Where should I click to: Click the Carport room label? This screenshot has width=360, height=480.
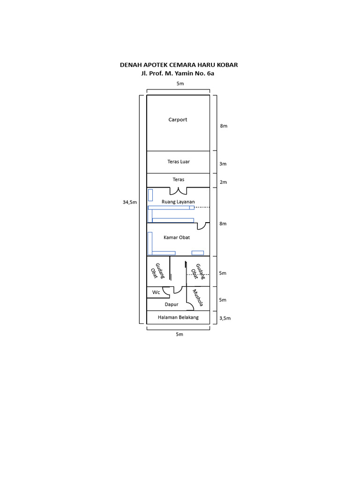coord(178,120)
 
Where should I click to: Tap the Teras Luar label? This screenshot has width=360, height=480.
coord(179,162)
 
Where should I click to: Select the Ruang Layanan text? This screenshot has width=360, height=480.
coord(178,202)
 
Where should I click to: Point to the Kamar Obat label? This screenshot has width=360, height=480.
coord(177,238)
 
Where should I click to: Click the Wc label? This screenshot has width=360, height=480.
coord(156,292)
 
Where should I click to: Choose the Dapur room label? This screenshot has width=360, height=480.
coord(172,305)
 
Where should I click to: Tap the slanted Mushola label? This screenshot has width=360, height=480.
coord(198,298)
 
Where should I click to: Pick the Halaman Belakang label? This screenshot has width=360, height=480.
coord(178,317)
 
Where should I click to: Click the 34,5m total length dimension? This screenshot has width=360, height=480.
coord(130,202)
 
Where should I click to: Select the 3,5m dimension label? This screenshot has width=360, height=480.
coord(225,318)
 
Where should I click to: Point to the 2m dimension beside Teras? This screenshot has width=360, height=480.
coord(223,182)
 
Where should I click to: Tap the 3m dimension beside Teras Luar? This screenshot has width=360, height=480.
coord(223,164)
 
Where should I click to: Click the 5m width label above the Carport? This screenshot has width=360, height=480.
coord(180,83)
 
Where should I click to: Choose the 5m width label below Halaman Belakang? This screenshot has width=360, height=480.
coord(180,335)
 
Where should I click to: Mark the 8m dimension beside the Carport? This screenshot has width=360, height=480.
coord(223,126)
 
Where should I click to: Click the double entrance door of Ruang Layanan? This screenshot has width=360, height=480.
coord(178,191)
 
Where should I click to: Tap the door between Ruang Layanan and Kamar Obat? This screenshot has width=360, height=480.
coord(202,226)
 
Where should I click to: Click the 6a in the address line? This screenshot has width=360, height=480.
coord(211,73)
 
